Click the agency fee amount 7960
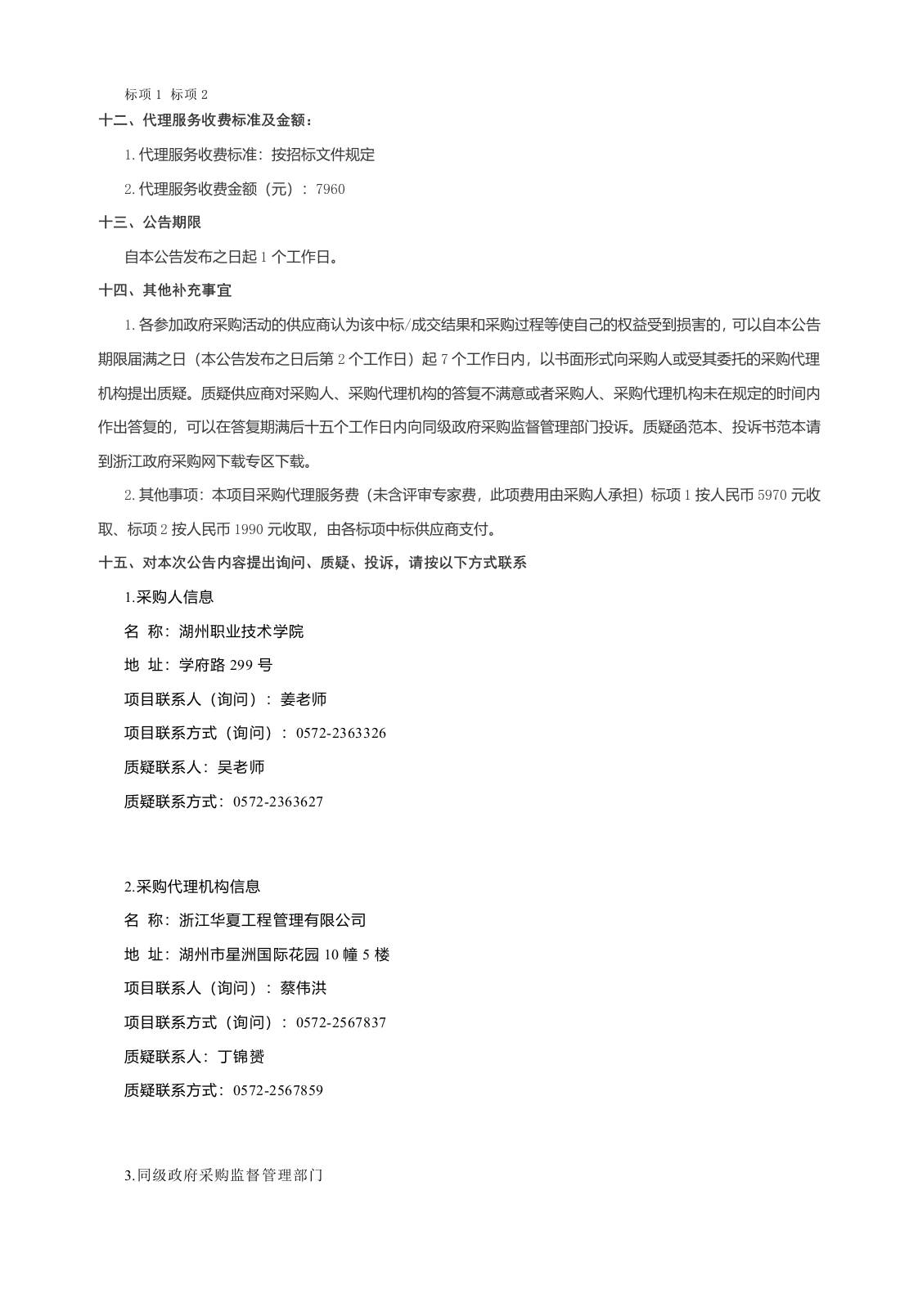[x=330, y=189]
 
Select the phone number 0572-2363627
[x=278, y=802]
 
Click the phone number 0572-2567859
[x=278, y=1090]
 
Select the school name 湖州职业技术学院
[x=241, y=631]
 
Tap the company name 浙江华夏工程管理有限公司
[x=272, y=920]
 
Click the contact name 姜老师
[x=304, y=699]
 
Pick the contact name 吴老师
[x=241, y=767]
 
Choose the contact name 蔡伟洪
[x=304, y=988]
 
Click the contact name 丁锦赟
[x=241, y=1057]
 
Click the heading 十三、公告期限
[x=150, y=222]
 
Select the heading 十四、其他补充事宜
[x=165, y=290]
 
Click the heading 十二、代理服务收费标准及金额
[x=205, y=120]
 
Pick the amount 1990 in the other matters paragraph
[x=248, y=529]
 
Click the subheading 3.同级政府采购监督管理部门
[x=223, y=1176]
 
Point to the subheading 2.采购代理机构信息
[x=192, y=887]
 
